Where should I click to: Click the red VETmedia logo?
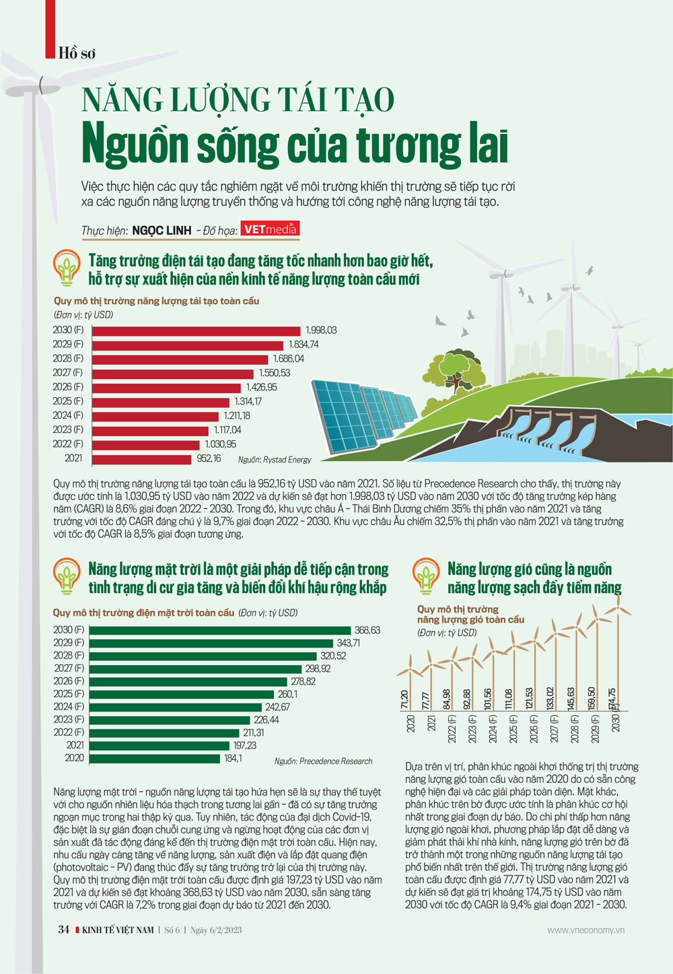click(x=270, y=230)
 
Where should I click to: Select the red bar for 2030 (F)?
click(x=196, y=331)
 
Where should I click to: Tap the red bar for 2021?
click(x=141, y=459)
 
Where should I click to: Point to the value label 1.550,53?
click(x=275, y=373)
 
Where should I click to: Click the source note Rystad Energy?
click(x=275, y=460)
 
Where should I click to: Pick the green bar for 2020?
click(x=154, y=759)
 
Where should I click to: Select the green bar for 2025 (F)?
click(x=182, y=694)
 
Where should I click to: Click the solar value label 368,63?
click(x=367, y=630)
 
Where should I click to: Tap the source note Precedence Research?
click(x=323, y=761)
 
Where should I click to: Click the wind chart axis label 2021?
click(x=431, y=724)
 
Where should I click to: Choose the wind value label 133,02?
click(x=550, y=699)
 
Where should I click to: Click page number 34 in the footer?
click(x=64, y=930)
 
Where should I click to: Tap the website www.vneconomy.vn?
click(x=586, y=930)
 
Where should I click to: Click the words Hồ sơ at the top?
click(x=77, y=53)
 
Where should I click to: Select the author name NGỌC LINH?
click(x=162, y=231)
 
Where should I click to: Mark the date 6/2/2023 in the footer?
click(x=225, y=930)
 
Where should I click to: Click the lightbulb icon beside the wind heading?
click(x=425, y=576)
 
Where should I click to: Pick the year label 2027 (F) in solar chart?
click(x=69, y=668)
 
